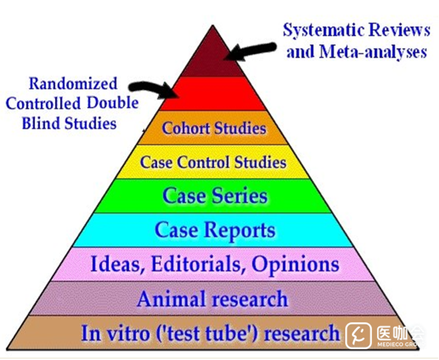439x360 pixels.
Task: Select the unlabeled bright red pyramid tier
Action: click(213, 93)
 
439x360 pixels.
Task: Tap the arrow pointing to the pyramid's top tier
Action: click(251, 51)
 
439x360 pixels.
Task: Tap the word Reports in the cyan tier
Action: click(239, 230)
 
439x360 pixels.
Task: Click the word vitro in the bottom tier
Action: click(126, 334)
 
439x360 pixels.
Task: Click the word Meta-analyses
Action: click(372, 52)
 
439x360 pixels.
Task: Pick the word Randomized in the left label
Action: click(72, 83)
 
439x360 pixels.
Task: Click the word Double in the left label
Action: click(112, 103)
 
